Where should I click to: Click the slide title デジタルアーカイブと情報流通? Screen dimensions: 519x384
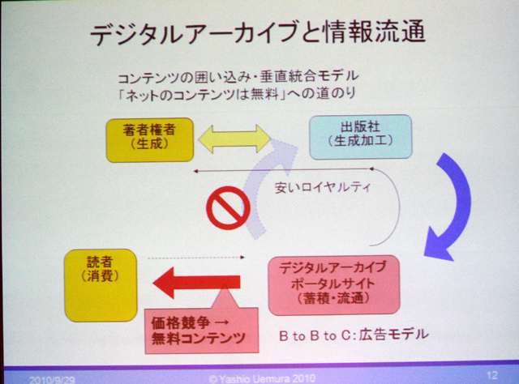click(x=258, y=32)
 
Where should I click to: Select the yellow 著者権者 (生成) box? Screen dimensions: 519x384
click(x=149, y=140)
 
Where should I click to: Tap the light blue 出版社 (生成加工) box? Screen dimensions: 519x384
click(x=360, y=137)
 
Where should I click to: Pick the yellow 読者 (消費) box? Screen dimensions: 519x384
click(x=101, y=285)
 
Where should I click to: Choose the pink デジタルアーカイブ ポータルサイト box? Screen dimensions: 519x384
click(x=334, y=285)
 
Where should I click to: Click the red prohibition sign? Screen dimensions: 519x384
click(x=229, y=208)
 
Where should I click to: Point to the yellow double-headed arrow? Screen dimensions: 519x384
click(x=234, y=139)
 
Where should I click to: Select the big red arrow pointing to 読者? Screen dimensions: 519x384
click(x=196, y=283)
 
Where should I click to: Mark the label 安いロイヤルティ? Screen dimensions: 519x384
click(x=323, y=188)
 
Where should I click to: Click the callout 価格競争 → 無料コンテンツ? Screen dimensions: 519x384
click(x=202, y=330)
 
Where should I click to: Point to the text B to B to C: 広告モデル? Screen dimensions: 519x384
click(x=354, y=335)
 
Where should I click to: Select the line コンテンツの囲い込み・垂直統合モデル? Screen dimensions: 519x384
click(x=238, y=77)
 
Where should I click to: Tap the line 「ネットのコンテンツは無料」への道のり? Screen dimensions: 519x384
click(x=237, y=94)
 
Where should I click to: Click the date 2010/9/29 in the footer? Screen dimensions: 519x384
click(x=52, y=380)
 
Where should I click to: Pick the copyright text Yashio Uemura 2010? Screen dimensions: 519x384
click(x=262, y=378)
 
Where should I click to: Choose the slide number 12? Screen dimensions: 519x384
click(x=492, y=375)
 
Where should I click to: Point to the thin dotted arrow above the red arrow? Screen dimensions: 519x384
click(x=196, y=258)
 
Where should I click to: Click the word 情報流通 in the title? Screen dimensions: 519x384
click(x=375, y=32)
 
